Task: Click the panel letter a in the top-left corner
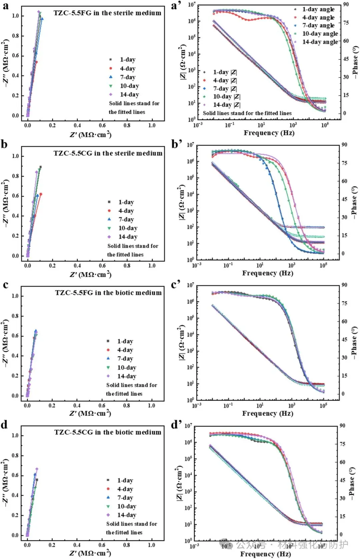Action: (x=6, y=6)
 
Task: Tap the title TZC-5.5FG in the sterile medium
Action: (x=107, y=13)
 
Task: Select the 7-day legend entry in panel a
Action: (x=127, y=77)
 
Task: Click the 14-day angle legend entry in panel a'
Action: (x=320, y=42)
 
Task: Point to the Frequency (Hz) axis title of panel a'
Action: (x=269, y=133)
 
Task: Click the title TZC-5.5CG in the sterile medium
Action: (x=108, y=153)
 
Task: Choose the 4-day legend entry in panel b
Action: (x=126, y=211)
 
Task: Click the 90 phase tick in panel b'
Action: (x=344, y=145)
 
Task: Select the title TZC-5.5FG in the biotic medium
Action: (x=108, y=293)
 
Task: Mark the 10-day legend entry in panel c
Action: (x=126, y=368)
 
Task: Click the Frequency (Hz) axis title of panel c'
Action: (x=267, y=413)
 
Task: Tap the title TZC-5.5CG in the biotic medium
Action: (x=108, y=432)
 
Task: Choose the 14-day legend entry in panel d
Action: (x=126, y=515)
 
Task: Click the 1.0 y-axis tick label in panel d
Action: (x=15, y=435)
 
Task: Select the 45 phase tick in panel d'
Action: (x=342, y=480)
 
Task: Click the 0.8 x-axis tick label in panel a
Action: (x=127, y=125)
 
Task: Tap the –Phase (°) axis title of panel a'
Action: (x=355, y=62)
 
